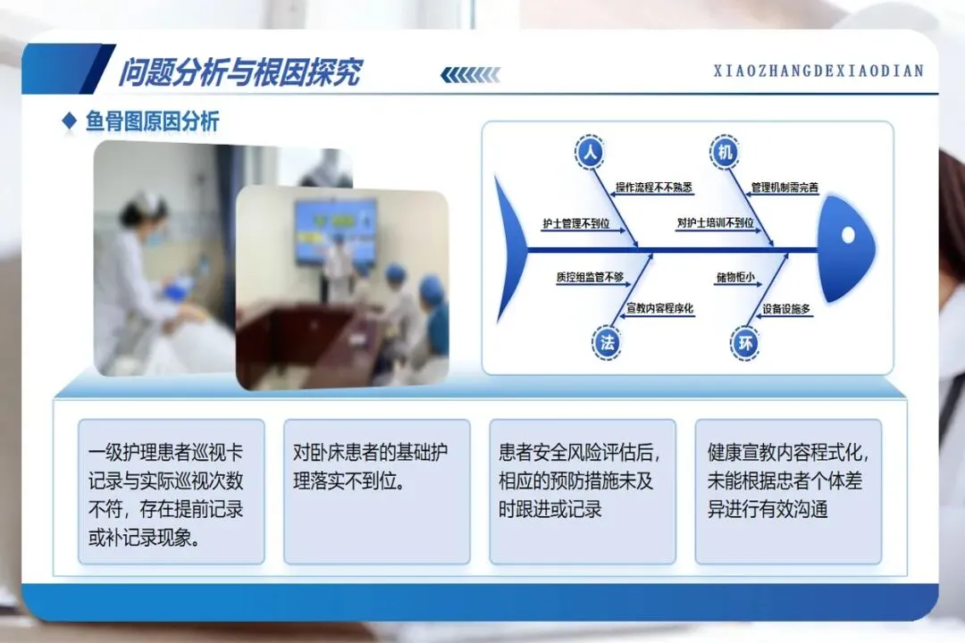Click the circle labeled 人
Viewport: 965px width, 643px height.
point(591,151)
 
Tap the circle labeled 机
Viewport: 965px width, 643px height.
point(725,151)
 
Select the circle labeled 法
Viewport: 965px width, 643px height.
point(607,343)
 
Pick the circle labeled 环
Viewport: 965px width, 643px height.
point(745,343)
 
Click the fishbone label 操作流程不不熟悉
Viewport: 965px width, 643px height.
point(653,187)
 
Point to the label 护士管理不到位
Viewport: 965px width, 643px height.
point(576,223)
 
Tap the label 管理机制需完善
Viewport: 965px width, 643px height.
point(785,187)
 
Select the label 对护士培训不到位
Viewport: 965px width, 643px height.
point(715,222)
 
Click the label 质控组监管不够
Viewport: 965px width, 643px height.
point(591,277)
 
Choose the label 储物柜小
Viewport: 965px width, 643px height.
point(734,278)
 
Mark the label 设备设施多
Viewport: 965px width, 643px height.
point(786,309)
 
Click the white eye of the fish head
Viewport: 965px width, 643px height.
point(848,235)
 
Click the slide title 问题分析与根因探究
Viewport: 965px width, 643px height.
point(240,72)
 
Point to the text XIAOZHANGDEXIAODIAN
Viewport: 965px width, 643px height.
point(818,71)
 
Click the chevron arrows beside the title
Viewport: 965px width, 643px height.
point(470,75)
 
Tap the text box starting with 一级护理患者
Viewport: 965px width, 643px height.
point(171,492)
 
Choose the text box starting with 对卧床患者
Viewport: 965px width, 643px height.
point(377,492)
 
